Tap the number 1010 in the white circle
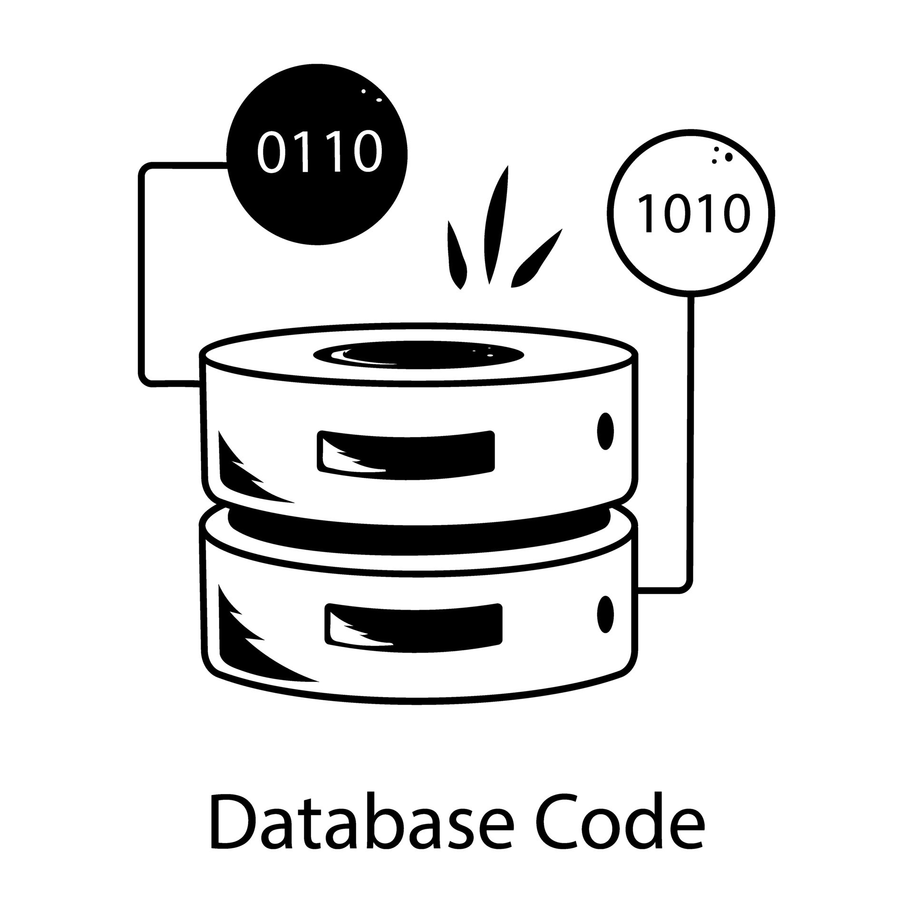coord(693,214)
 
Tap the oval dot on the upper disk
coord(605,431)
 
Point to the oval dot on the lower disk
coord(605,614)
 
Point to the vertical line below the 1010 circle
coord(691,428)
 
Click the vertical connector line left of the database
coord(141,276)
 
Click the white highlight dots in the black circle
coord(372,96)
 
